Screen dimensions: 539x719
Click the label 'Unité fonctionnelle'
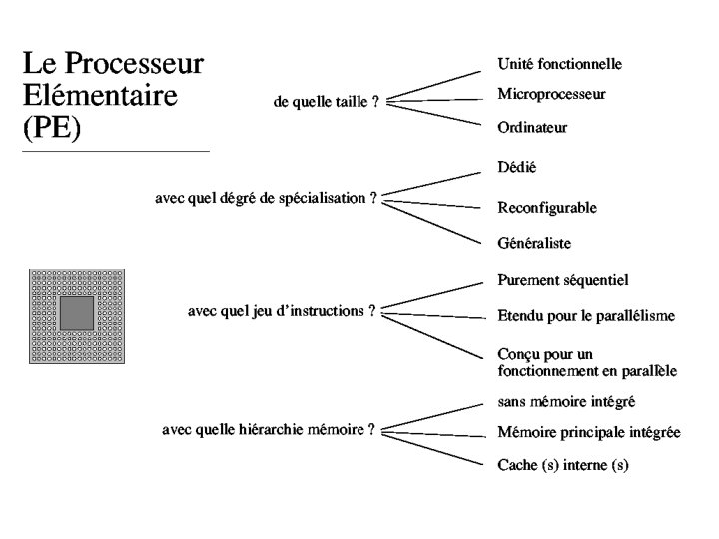[x=559, y=64]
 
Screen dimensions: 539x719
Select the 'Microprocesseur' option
[x=551, y=94]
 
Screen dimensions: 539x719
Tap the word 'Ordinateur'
[x=532, y=128]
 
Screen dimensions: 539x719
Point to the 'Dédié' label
[x=517, y=167]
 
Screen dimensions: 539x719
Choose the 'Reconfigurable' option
[x=547, y=208]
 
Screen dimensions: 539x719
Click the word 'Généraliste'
[x=534, y=243]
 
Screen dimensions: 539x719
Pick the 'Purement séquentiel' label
[x=562, y=281]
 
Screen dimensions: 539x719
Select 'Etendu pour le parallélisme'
[x=586, y=316]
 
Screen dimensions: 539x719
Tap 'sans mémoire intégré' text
[x=566, y=401]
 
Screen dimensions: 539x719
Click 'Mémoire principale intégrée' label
[x=589, y=432]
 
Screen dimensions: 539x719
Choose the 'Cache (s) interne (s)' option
[x=563, y=465]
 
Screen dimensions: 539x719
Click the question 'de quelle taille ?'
[x=326, y=102]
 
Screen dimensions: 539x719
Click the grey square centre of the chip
[x=77, y=313]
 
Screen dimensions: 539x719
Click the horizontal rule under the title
[x=115, y=151]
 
